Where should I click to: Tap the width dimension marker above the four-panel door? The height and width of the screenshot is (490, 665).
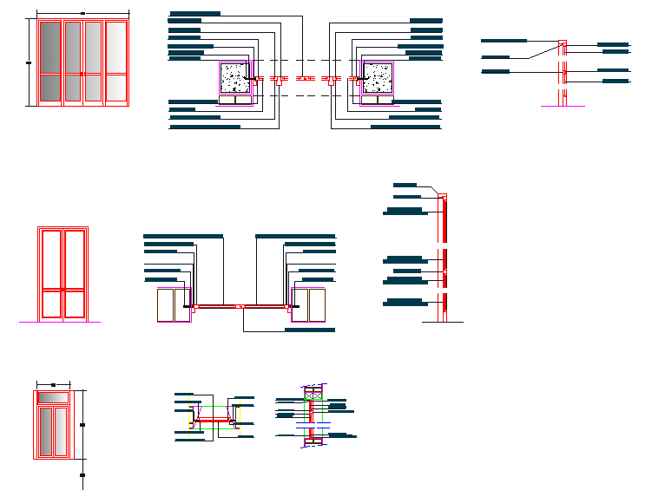click(82, 13)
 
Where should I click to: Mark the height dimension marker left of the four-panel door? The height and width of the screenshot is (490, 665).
click(29, 62)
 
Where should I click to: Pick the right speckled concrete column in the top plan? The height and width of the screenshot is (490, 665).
click(378, 77)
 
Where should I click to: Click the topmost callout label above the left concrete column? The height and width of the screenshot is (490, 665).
click(195, 14)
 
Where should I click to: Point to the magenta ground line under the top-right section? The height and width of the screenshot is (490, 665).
click(563, 106)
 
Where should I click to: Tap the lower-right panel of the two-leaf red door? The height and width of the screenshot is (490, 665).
click(75, 304)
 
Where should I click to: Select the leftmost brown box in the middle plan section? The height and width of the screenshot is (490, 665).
click(166, 305)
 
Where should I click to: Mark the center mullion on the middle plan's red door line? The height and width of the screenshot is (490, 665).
click(240, 306)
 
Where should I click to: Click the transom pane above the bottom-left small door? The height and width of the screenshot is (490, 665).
click(54, 397)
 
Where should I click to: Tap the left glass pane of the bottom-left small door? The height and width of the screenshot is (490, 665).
click(47, 431)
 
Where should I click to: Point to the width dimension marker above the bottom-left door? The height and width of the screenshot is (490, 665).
click(54, 383)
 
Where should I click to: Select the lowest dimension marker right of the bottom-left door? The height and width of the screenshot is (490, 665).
click(82, 475)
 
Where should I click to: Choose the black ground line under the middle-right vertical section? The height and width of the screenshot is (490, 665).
click(443, 322)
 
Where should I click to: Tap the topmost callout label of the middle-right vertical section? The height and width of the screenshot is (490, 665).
click(405, 185)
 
